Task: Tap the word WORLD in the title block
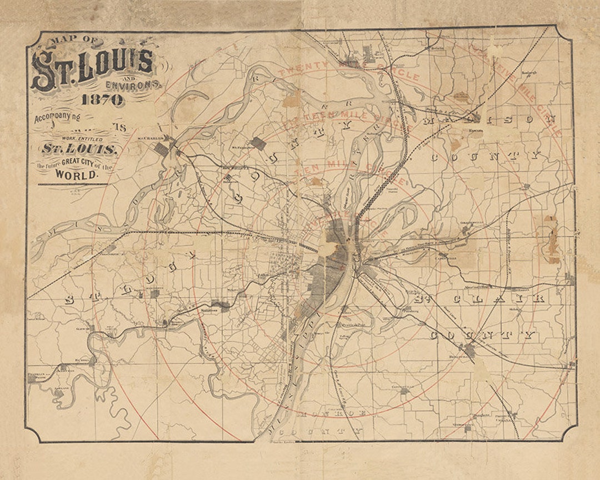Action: tap(77, 174)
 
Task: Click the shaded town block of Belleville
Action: tap(469, 351)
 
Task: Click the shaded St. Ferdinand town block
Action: tap(257, 143)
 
